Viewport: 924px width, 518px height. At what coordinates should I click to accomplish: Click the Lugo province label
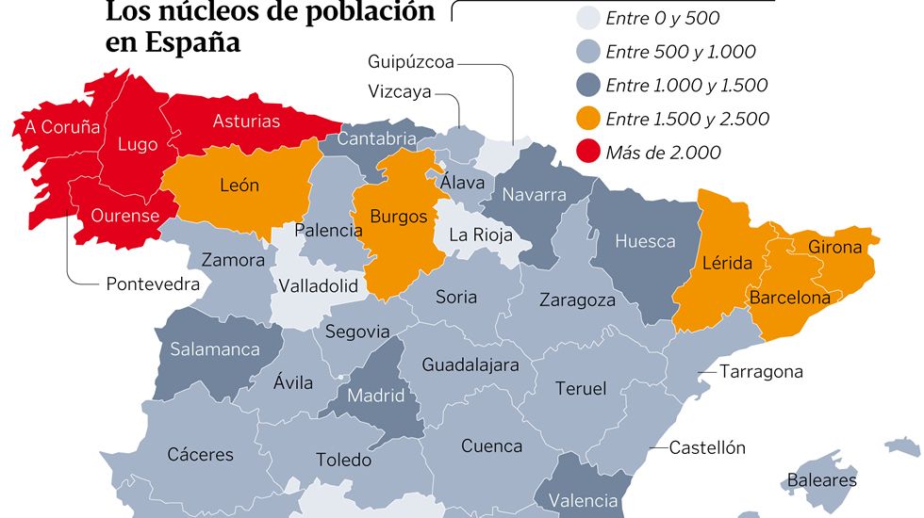pyautogui.click(x=138, y=145)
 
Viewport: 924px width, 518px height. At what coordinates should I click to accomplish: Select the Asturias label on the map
pyautogui.click(x=246, y=121)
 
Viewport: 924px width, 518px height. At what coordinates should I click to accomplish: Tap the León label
pyautogui.click(x=239, y=186)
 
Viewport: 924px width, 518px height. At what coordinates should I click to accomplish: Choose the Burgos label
pyautogui.click(x=398, y=216)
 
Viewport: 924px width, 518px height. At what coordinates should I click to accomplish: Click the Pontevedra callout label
pyautogui.click(x=153, y=283)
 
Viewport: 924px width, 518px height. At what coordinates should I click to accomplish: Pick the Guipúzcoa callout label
pyautogui.click(x=411, y=62)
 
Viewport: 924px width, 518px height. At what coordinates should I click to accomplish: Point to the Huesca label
pyautogui.click(x=645, y=241)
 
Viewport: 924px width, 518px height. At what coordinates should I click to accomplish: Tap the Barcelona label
pyautogui.click(x=790, y=298)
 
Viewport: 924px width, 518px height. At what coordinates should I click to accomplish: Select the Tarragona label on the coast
pyautogui.click(x=761, y=371)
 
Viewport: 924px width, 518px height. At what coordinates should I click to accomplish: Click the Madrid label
pyautogui.click(x=376, y=396)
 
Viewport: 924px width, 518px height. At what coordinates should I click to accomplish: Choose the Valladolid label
pyautogui.click(x=319, y=285)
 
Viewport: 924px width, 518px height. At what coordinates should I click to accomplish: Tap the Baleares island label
pyautogui.click(x=822, y=480)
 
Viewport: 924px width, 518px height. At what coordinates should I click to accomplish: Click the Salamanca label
pyautogui.click(x=215, y=348)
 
